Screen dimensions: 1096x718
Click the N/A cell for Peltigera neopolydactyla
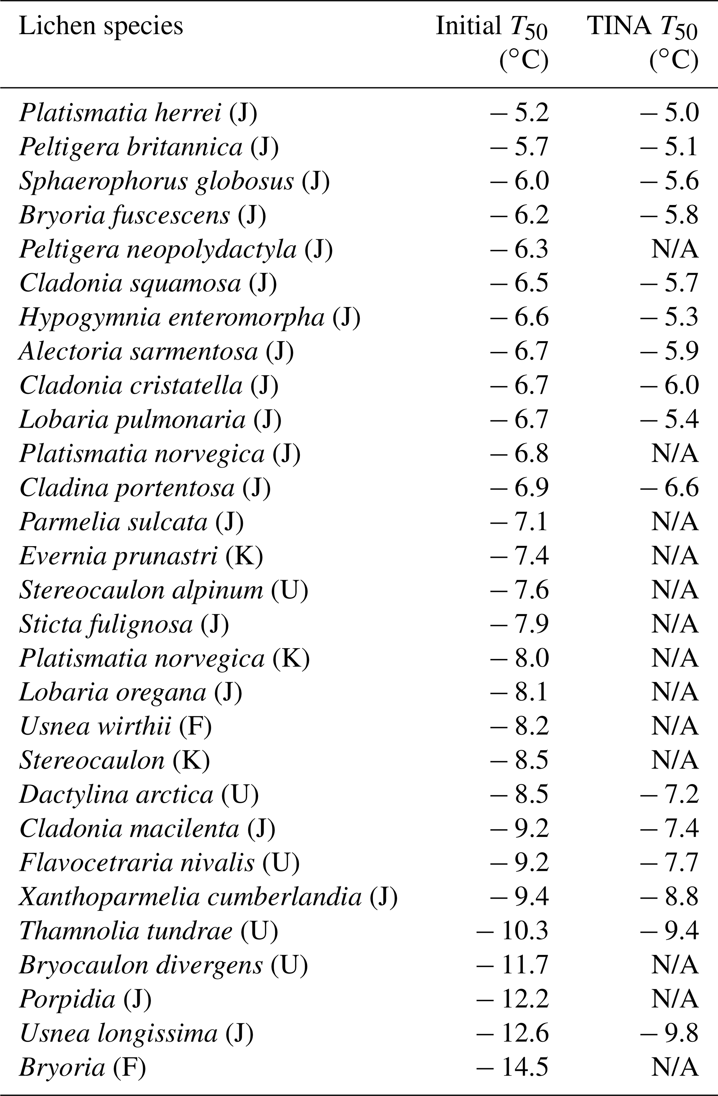pos(675,249)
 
